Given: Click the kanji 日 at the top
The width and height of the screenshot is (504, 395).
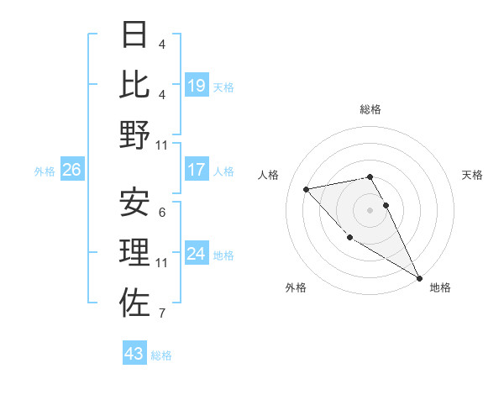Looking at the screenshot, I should point(134,36).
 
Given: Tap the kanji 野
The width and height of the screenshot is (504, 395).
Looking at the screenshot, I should point(134,134).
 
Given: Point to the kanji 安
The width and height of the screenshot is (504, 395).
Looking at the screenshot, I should point(134,202).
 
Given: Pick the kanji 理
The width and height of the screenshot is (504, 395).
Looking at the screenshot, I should point(134,252).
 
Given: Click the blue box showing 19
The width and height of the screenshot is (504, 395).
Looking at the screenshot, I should point(197,85).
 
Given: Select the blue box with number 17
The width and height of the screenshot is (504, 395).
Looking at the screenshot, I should point(197,170).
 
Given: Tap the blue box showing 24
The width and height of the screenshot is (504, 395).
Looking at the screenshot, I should point(197,254).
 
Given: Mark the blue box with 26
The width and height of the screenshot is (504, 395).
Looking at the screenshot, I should point(71,170).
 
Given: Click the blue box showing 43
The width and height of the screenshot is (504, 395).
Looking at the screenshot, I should point(134,354).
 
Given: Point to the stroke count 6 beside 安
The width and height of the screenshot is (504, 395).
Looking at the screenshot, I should point(161,213).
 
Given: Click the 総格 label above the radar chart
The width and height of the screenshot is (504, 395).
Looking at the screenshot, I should point(370,109).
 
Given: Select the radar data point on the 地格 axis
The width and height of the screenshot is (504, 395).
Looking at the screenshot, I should point(419,277).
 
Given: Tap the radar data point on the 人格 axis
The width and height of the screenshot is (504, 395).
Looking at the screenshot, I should point(307,189).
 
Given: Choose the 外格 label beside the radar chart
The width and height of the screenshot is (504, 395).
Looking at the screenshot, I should point(296,287).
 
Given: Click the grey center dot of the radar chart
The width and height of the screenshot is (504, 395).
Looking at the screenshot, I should point(370,209).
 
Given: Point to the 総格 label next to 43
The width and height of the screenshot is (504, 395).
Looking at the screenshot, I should point(161,355).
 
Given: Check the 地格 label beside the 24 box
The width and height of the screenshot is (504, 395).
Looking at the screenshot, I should point(224,255).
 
